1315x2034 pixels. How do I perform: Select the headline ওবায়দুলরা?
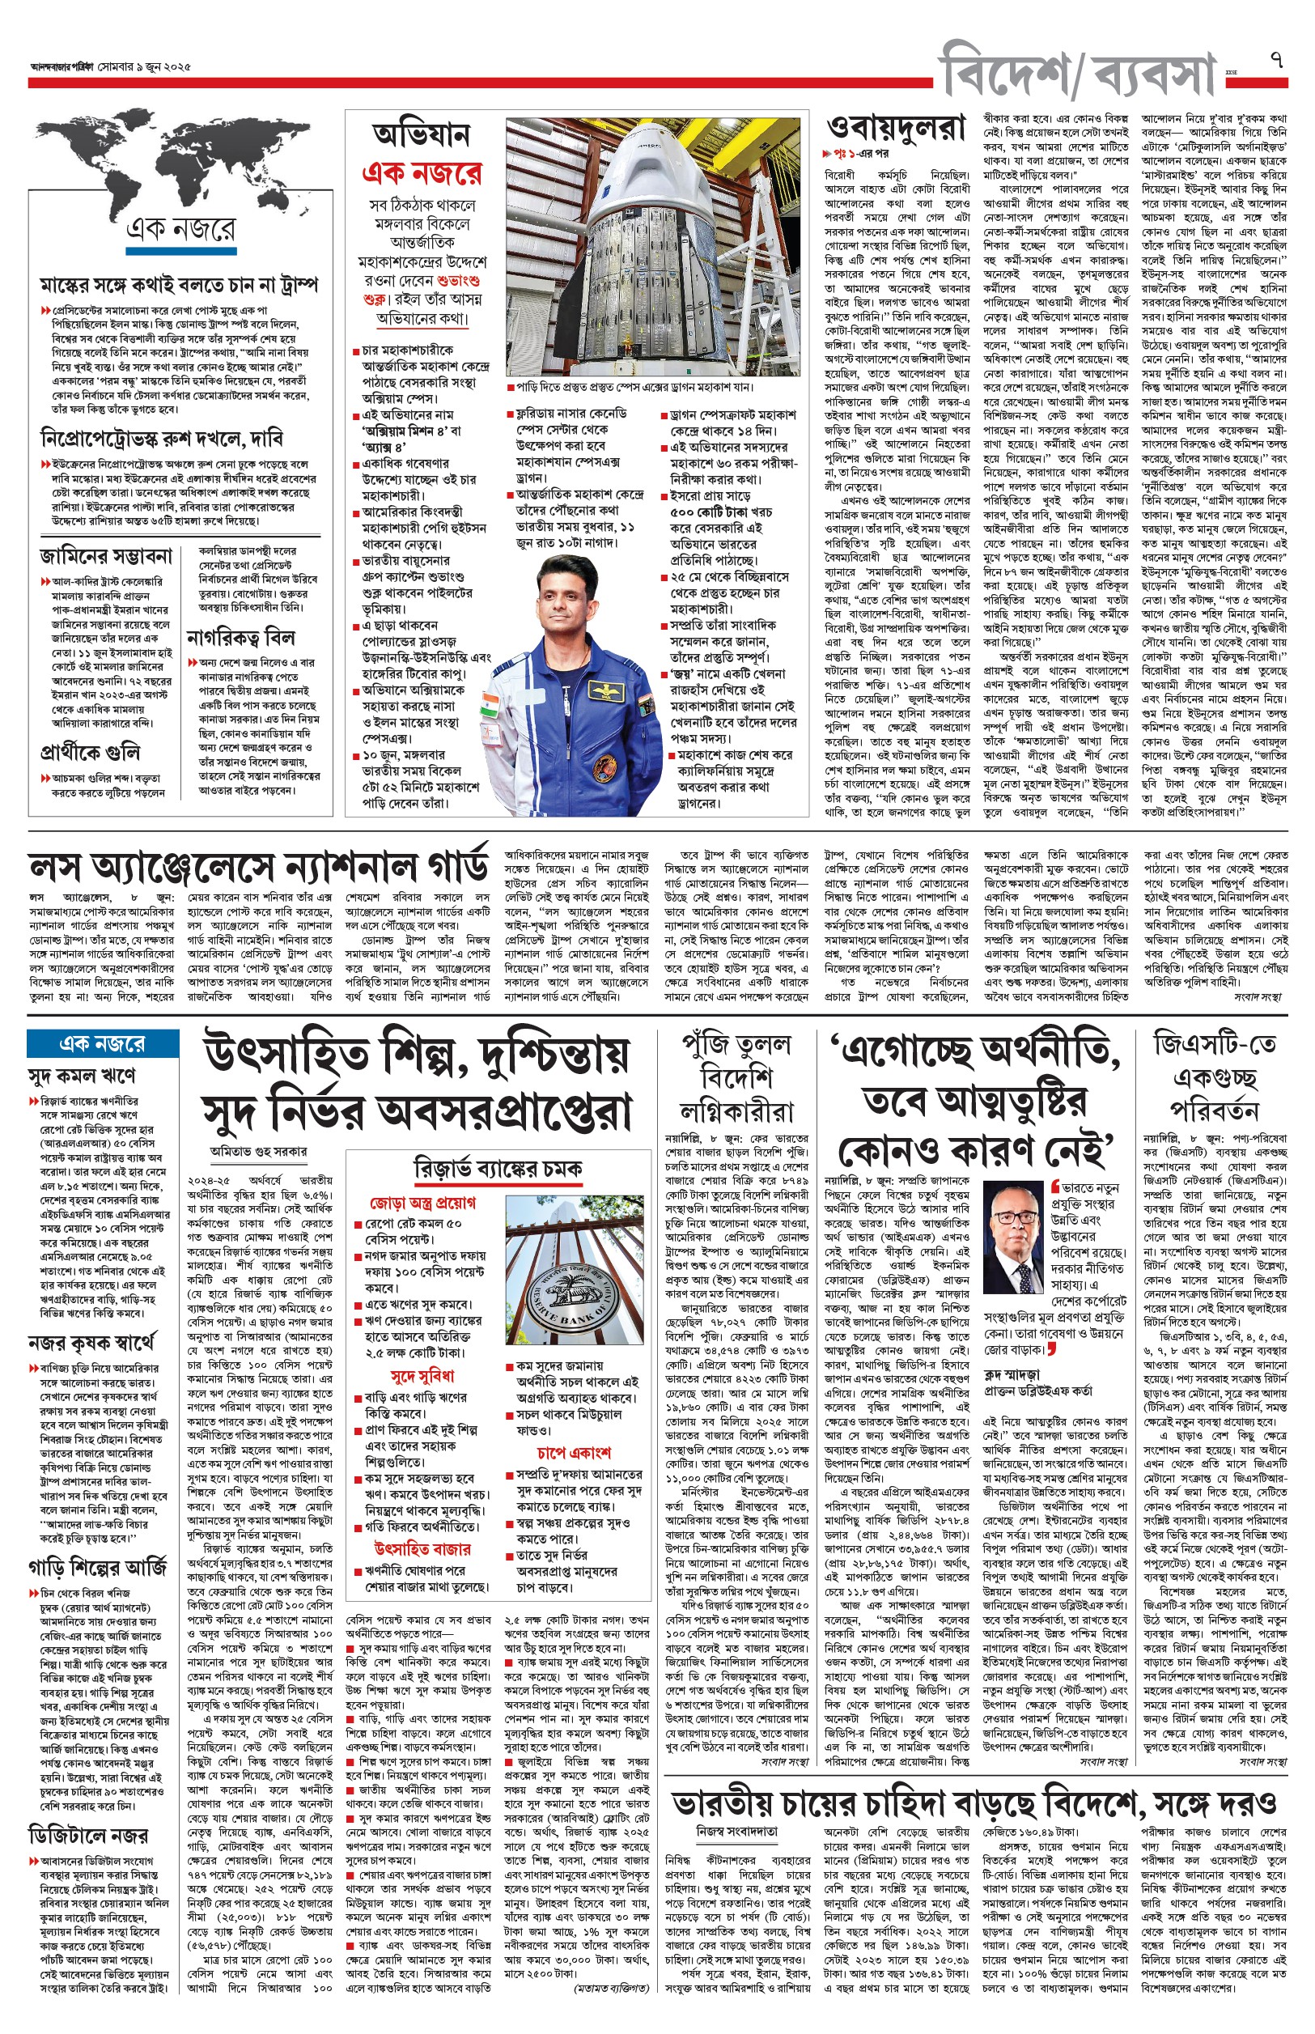[896, 128]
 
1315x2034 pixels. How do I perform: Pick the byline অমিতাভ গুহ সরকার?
[259, 1151]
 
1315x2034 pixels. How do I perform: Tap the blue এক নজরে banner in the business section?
[103, 1043]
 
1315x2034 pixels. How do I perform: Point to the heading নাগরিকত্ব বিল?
[241, 638]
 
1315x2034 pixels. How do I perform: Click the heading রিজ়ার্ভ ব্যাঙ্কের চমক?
[497, 1168]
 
